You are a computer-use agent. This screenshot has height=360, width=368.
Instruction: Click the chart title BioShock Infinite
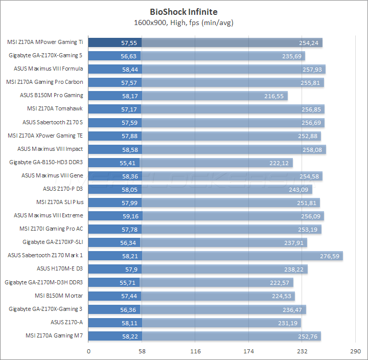183,11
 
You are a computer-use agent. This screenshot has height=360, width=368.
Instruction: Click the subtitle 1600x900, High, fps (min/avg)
183,22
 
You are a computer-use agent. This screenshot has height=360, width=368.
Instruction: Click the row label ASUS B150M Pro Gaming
51,95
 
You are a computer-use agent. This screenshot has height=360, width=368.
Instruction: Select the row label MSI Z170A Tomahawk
55,108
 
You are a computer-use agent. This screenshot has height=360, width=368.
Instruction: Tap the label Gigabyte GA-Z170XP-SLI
53,242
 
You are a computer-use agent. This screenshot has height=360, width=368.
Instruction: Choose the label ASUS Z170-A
66,322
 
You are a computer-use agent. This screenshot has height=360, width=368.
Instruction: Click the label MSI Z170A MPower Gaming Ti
45,42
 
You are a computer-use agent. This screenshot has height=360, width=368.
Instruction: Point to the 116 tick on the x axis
195,351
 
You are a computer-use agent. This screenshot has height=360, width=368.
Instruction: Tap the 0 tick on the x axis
89,351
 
